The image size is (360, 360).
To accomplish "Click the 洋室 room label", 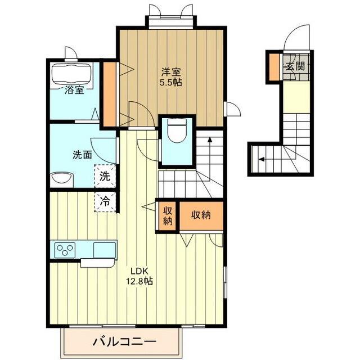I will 171,71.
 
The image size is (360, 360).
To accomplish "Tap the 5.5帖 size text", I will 171,82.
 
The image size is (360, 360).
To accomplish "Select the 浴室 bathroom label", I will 74,90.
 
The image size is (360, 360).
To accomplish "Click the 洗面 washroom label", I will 82,155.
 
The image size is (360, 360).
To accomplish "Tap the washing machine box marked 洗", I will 105,175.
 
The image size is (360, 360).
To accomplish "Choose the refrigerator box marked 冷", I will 105,200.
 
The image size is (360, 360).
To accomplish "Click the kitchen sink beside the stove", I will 104,249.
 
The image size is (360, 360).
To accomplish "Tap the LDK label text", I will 140,270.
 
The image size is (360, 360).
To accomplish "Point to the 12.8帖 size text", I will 140,281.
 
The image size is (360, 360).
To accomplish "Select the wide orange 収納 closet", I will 201,215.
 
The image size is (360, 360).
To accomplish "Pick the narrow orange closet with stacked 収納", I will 167,215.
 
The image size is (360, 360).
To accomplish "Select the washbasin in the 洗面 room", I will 61,179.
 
